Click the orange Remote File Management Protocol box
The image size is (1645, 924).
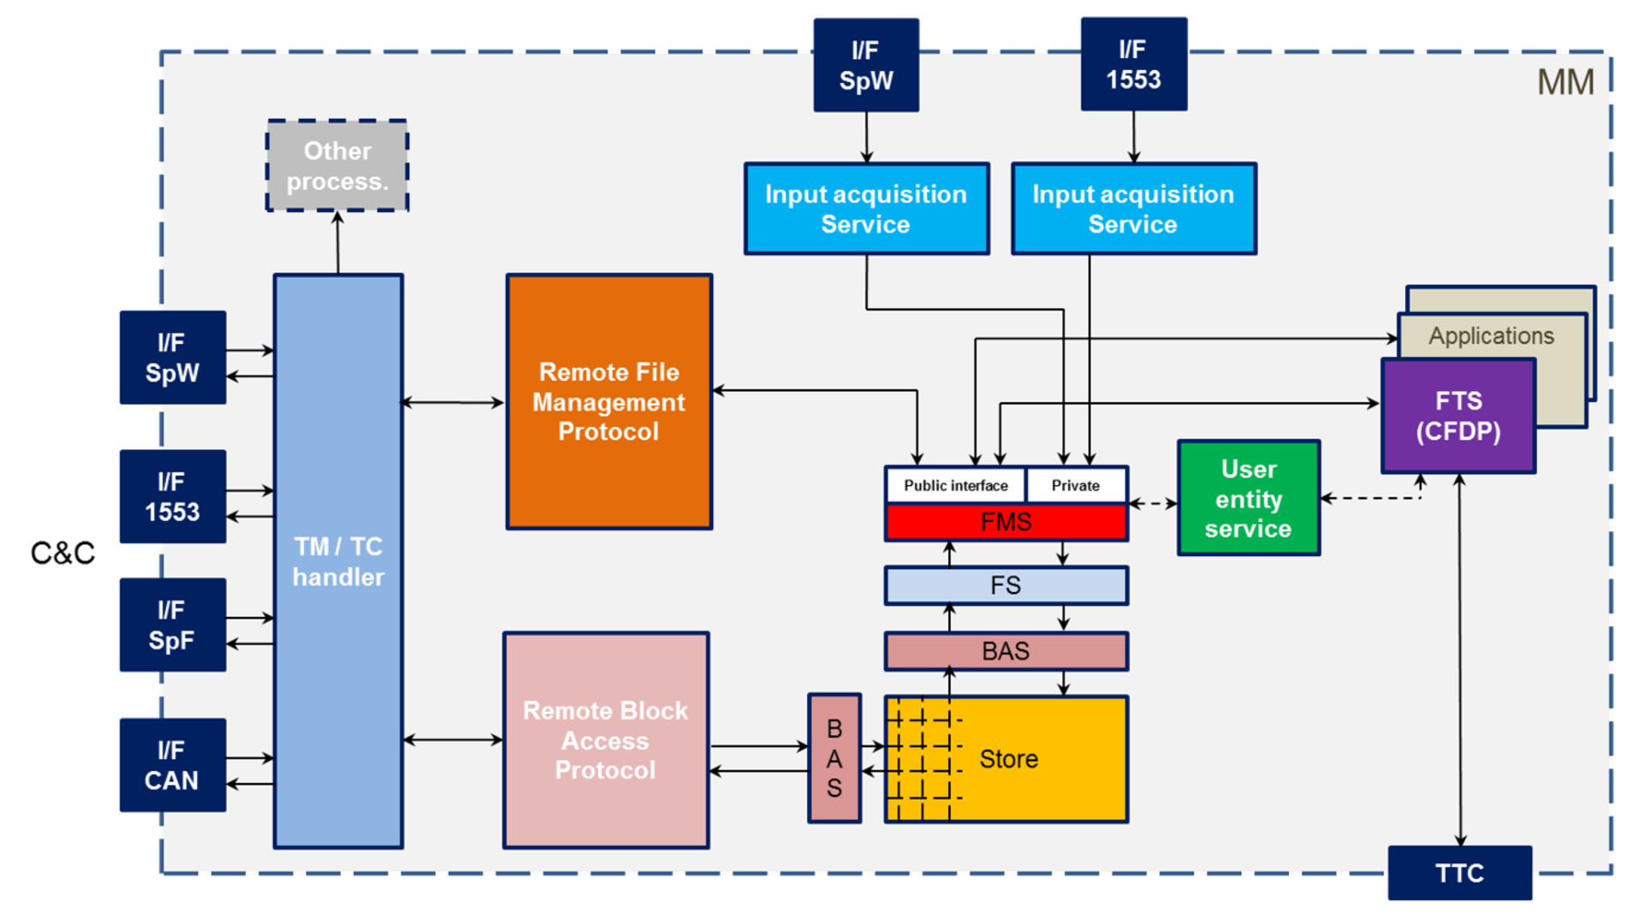[x=609, y=402]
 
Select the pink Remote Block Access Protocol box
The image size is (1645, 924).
[x=605, y=740]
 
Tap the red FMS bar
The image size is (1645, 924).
[x=1006, y=522]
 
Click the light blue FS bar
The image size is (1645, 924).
[x=1006, y=586]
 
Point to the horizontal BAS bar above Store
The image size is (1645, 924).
[x=1006, y=652]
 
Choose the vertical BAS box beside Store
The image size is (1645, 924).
[x=834, y=759]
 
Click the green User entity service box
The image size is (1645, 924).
[x=1249, y=499]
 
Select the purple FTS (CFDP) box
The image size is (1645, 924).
[x=1458, y=417]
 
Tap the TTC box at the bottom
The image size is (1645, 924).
[x=1459, y=874]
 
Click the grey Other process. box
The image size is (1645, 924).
[x=337, y=166]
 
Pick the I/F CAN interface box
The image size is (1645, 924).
[x=172, y=765]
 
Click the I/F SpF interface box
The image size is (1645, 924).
[x=172, y=625]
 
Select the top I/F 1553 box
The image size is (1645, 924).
[x=1133, y=65]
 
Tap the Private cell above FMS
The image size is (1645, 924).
[x=1076, y=485]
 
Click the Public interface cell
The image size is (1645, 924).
[x=955, y=485]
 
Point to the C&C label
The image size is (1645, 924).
[x=62, y=554]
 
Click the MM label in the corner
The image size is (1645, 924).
[x=1565, y=83]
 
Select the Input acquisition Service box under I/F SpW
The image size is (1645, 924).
[x=866, y=209]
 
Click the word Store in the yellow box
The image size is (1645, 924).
[x=1008, y=759]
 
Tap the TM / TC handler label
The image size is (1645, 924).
[x=338, y=562]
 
